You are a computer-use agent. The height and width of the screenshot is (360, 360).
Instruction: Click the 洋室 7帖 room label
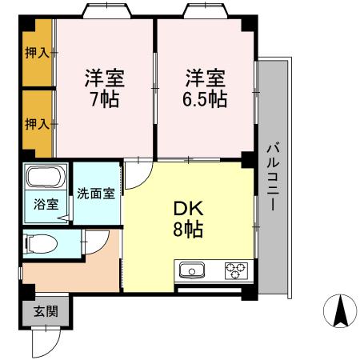tap(105, 90)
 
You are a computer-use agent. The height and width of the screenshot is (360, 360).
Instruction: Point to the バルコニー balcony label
tap(272, 177)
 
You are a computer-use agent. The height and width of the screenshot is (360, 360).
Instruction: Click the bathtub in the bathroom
tap(46, 179)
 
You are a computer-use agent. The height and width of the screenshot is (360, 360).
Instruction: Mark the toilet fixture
tap(39, 242)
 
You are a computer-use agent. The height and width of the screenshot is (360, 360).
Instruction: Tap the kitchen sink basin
tap(193, 270)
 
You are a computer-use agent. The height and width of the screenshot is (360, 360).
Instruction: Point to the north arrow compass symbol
tap(339, 310)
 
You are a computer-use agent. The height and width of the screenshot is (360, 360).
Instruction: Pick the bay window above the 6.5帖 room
tap(206, 11)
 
